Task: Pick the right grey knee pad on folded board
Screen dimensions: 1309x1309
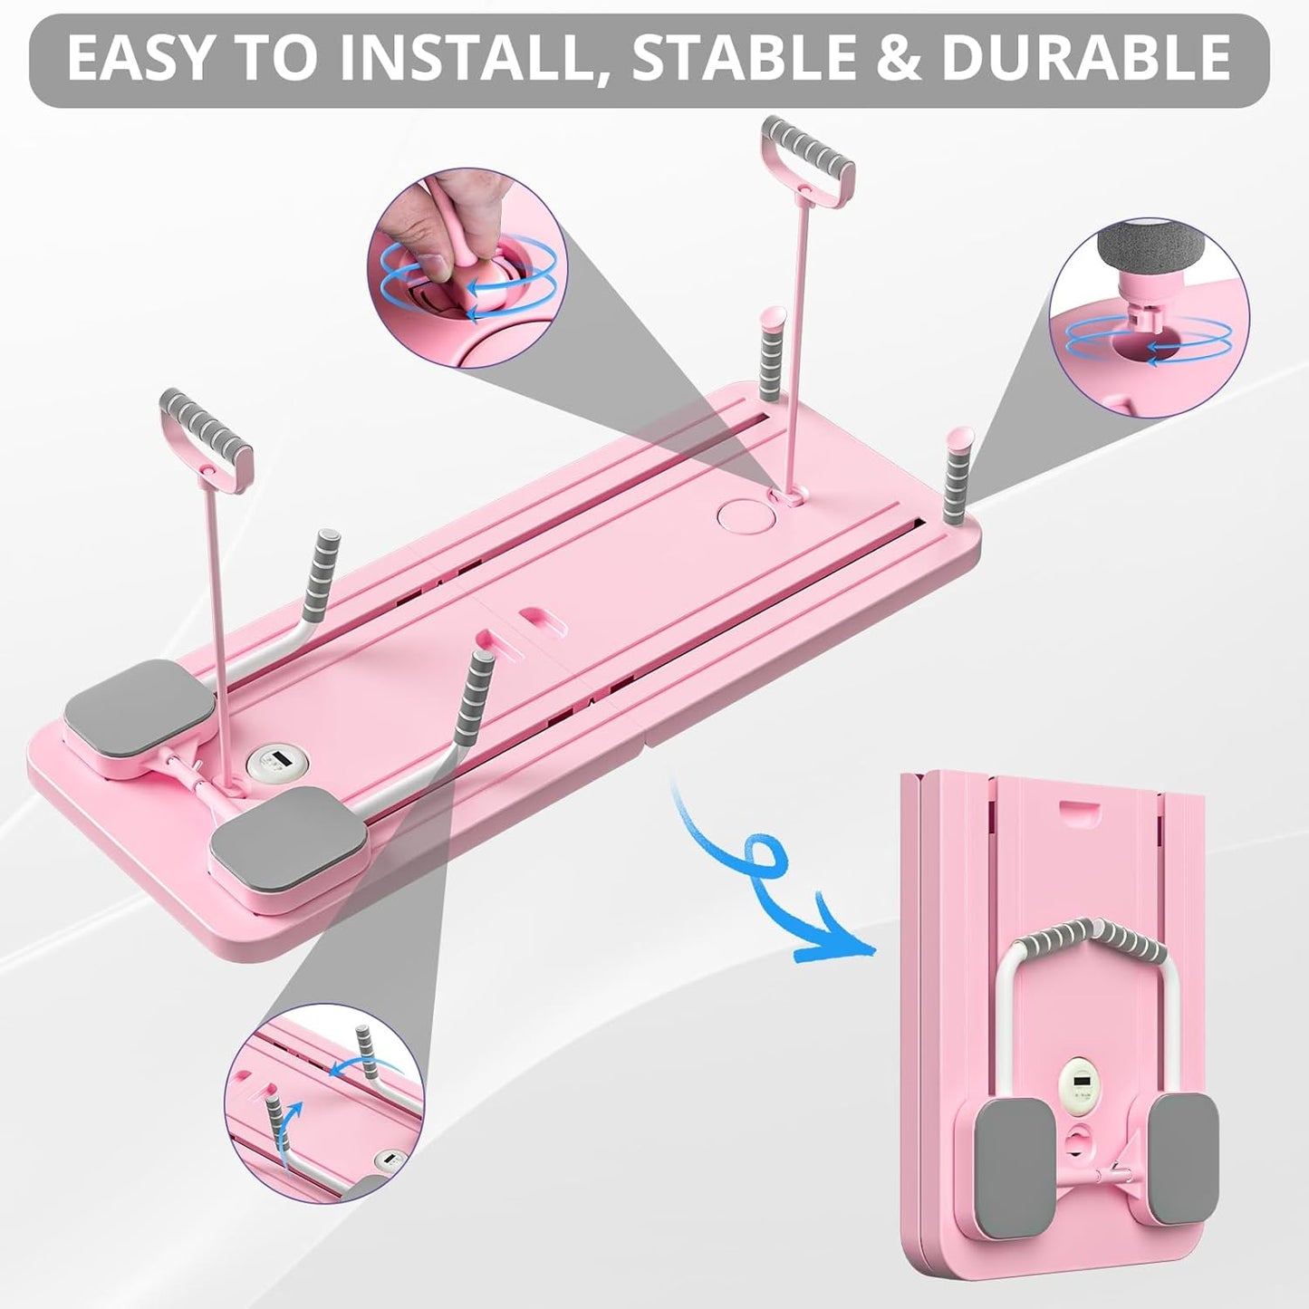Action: point(1189,1150)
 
